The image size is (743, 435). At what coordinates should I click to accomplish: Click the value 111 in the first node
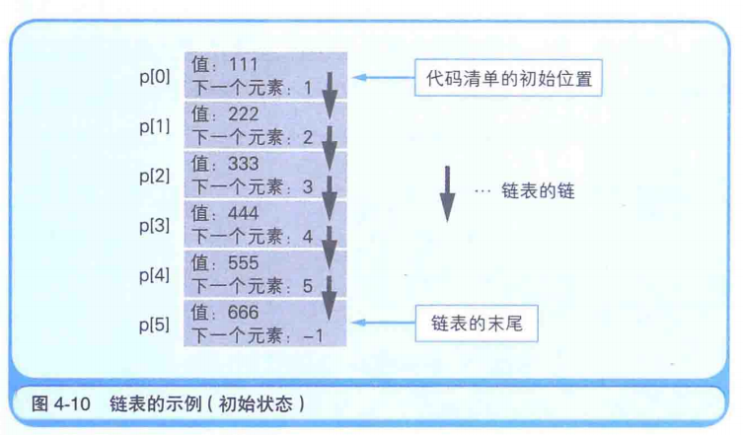click(x=242, y=64)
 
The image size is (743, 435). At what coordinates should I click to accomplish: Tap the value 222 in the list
click(x=243, y=114)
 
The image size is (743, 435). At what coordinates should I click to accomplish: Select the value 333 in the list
click(x=243, y=164)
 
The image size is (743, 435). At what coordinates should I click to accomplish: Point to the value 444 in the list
click(x=243, y=213)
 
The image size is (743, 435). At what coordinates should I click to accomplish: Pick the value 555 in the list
click(x=243, y=262)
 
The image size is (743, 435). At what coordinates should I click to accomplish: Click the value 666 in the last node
click(x=243, y=312)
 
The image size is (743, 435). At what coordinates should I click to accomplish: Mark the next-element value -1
click(x=314, y=335)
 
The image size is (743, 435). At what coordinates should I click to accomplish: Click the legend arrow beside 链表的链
click(x=447, y=193)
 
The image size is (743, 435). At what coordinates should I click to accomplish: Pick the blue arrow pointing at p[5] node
click(x=381, y=324)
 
